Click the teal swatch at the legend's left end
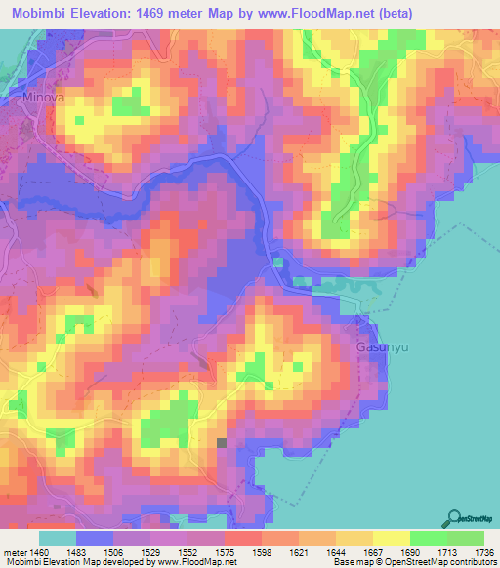pyautogui.click(x=58, y=538)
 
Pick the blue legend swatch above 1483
pyautogui.click(x=95, y=538)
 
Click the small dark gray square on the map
pyautogui.click(x=222, y=443)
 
